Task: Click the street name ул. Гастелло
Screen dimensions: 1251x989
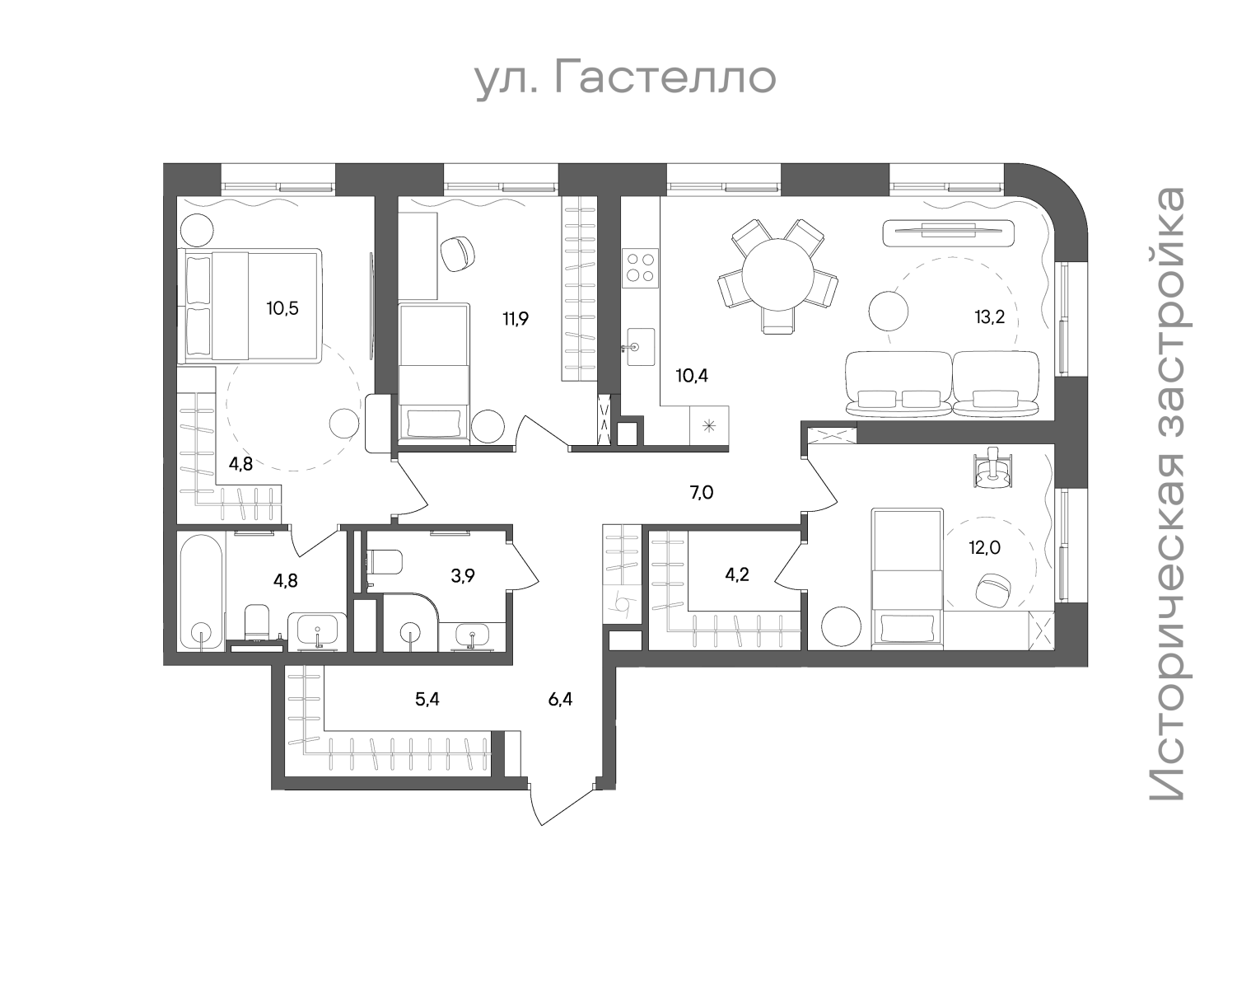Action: pyautogui.click(x=626, y=79)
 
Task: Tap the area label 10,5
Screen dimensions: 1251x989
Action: pyautogui.click(x=282, y=308)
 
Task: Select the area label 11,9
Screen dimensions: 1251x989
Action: pyautogui.click(x=516, y=319)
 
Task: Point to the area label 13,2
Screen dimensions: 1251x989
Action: pyautogui.click(x=989, y=317)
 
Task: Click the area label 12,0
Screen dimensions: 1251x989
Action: pyautogui.click(x=984, y=547)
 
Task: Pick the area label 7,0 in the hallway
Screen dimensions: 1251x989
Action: pyautogui.click(x=702, y=493)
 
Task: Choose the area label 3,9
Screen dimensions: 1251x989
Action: pyautogui.click(x=463, y=576)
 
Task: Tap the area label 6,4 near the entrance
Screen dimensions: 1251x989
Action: pyautogui.click(x=560, y=699)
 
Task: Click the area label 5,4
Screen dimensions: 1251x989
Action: pyautogui.click(x=427, y=699)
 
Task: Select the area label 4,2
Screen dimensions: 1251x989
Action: pyautogui.click(x=737, y=574)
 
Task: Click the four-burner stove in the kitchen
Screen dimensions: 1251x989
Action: pyautogui.click(x=640, y=268)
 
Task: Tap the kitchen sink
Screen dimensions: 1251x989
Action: pyautogui.click(x=641, y=347)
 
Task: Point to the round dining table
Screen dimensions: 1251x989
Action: pyautogui.click(x=777, y=275)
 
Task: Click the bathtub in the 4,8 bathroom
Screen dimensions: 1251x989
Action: pyautogui.click(x=201, y=593)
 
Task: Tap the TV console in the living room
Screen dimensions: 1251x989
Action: pyautogui.click(x=949, y=232)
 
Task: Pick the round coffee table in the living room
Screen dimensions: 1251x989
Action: pyautogui.click(x=889, y=311)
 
